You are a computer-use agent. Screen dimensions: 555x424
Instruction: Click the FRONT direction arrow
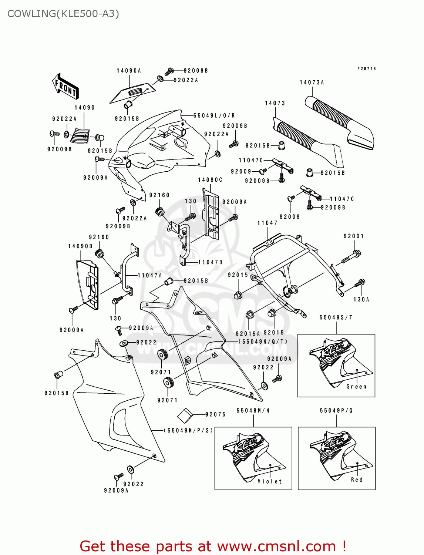pos(65,87)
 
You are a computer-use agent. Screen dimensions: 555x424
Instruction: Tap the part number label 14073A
pos(312,83)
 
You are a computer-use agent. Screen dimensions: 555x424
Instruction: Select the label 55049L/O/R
pos(214,116)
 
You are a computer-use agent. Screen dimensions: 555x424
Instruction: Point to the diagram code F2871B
pos(366,69)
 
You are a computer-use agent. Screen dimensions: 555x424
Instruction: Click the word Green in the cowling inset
pos(356,387)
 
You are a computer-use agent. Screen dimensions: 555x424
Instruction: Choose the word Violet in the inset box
pos(270,481)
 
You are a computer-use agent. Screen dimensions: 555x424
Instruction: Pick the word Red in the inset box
pos(357,480)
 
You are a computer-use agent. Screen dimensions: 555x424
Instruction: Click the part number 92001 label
pos(354,236)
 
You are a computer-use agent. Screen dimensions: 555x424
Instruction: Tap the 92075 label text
pos(215,414)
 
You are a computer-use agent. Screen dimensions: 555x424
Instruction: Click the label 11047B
pos(210,262)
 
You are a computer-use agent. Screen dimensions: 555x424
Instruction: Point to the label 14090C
pos(210,180)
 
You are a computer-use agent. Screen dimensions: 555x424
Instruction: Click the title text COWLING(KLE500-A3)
pos(63,14)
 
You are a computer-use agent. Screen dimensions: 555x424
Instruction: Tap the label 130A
pos(361,299)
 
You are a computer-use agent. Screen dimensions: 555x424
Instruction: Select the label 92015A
pos(248,333)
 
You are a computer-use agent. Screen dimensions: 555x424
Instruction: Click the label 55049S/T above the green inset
pos(336,317)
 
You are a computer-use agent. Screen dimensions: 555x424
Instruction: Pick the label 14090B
pos(80,246)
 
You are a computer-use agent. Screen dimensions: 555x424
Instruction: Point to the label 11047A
pos(150,275)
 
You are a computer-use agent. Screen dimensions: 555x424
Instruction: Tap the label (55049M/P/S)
pos(188,430)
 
